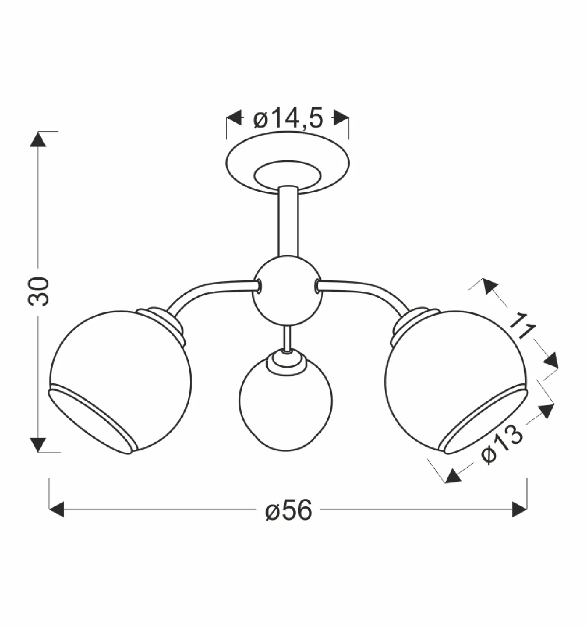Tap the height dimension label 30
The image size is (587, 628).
(x=38, y=291)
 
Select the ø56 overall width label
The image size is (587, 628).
(x=289, y=510)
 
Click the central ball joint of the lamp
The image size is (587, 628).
(x=287, y=290)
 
